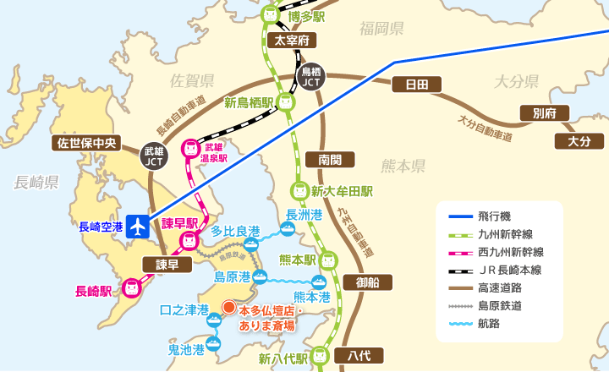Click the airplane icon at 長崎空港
137,226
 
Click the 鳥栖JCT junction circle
310,77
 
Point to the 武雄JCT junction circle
155,155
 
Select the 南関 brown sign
330,159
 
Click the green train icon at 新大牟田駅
299,191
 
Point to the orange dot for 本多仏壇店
228,307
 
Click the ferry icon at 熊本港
318,282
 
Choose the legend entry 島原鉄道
499,305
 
